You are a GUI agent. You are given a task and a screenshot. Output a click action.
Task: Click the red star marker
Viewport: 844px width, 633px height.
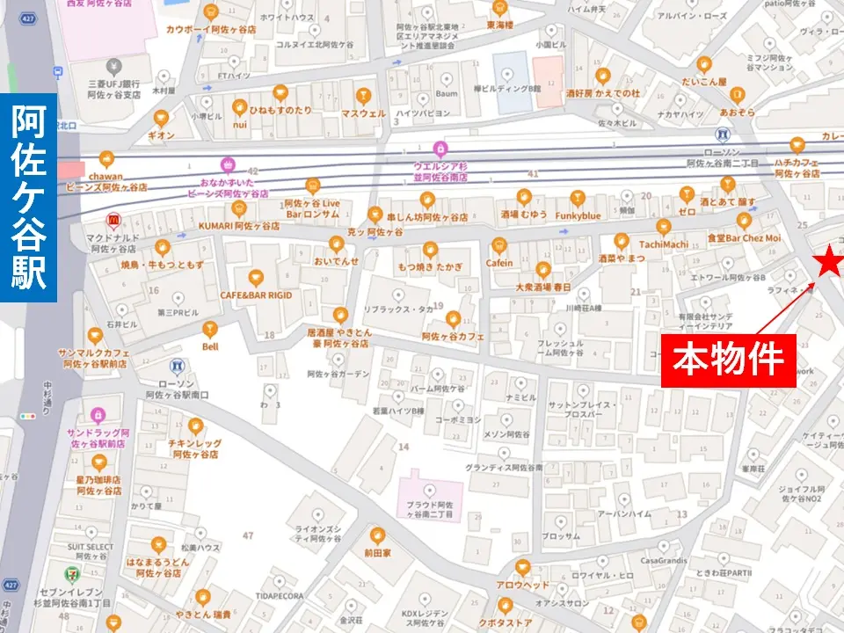coord(827,261)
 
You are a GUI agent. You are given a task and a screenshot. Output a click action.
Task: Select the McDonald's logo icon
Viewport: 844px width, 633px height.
coord(112,220)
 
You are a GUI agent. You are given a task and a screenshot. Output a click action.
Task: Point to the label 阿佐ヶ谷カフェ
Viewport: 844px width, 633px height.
coord(453,336)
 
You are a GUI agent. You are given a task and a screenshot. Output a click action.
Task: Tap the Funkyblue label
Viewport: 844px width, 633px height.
coord(578,215)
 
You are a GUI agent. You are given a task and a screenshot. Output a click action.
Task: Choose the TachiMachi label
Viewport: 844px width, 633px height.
coord(664,244)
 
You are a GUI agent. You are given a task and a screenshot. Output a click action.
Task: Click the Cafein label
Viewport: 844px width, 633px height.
coord(499,263)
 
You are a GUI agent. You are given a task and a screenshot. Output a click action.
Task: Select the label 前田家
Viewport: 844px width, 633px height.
coord(377,553)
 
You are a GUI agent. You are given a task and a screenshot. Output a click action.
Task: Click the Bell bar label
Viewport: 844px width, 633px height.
coord(209,346)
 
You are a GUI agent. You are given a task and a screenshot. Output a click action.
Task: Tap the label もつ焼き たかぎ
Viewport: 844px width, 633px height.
coord(429,266)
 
